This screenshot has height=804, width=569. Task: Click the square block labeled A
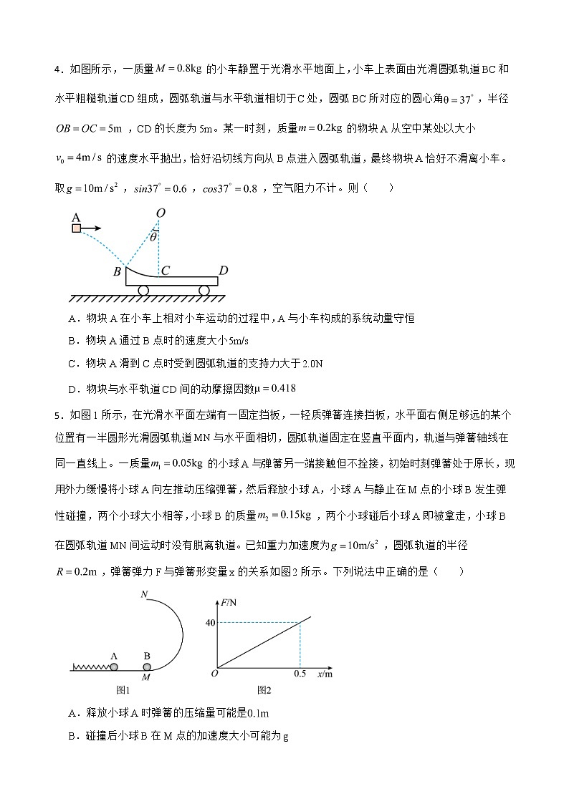(77, 228)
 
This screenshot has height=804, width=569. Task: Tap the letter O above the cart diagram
(161, 213)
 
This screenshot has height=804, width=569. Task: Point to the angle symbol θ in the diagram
(153, 237)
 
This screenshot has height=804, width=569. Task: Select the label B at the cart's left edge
(117, 272)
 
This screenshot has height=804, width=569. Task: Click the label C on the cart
(165, 271)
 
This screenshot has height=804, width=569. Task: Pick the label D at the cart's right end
(224, 271)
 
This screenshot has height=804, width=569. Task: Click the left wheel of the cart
(143, 290)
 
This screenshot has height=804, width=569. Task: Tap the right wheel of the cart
(204, 290)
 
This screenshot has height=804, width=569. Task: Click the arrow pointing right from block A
(90, 228)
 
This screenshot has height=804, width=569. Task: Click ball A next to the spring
(113, 667)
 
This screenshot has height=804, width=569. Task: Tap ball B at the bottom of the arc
(147, 667)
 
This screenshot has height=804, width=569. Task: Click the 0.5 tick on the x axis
(300, 674)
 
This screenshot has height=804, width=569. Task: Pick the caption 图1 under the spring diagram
(122, 690)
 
